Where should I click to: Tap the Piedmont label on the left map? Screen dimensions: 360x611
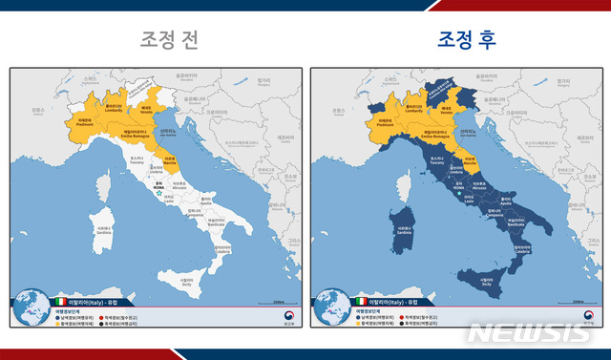[x=86, y=121]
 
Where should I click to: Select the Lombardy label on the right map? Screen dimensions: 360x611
[x=413, y=109]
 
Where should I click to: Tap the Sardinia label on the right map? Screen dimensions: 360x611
[x=404, y=229]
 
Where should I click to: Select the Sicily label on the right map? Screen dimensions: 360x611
[x=486, y=283]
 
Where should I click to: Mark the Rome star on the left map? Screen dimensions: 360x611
[x=158, y=192]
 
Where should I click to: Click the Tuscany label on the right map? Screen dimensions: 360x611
[x=439, y=161]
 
